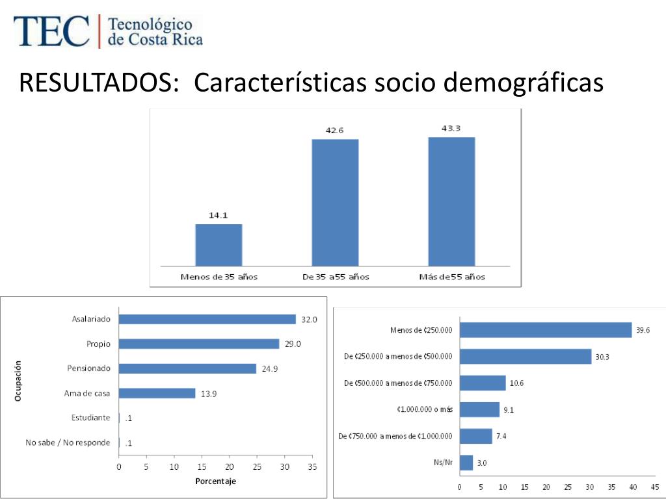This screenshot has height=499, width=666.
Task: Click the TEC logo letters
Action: tap(51, 31)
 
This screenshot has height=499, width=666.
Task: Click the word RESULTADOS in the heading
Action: tap(99, 83)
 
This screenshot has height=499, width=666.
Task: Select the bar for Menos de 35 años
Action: tap(219, 244)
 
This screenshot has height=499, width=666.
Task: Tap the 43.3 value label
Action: tap(451, 129)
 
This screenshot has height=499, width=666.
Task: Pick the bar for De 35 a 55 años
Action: tap(335, 202)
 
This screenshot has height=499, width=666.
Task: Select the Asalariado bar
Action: tap(207, 319)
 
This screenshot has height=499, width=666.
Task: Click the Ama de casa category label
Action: tap(87, 393)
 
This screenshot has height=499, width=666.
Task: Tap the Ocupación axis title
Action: tap(18, 381)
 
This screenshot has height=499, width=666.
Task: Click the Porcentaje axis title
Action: tap(215, 481)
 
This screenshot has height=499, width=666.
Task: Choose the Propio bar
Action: tap(198, 344)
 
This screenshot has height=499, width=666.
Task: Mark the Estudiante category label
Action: tap(90, 417)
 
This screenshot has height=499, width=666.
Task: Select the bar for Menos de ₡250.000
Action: tap(545, 330)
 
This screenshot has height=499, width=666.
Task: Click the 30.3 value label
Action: tap(602, 357)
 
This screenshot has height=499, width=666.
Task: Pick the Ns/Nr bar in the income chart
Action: tap(466, 463)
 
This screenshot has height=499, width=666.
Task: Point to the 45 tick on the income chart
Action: tap(654, 487)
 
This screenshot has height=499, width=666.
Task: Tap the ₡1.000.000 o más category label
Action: tap(424, 409)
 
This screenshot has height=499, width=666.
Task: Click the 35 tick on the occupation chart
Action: tap(312, 467)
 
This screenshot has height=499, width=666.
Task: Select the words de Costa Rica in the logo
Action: tap(155, 40)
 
